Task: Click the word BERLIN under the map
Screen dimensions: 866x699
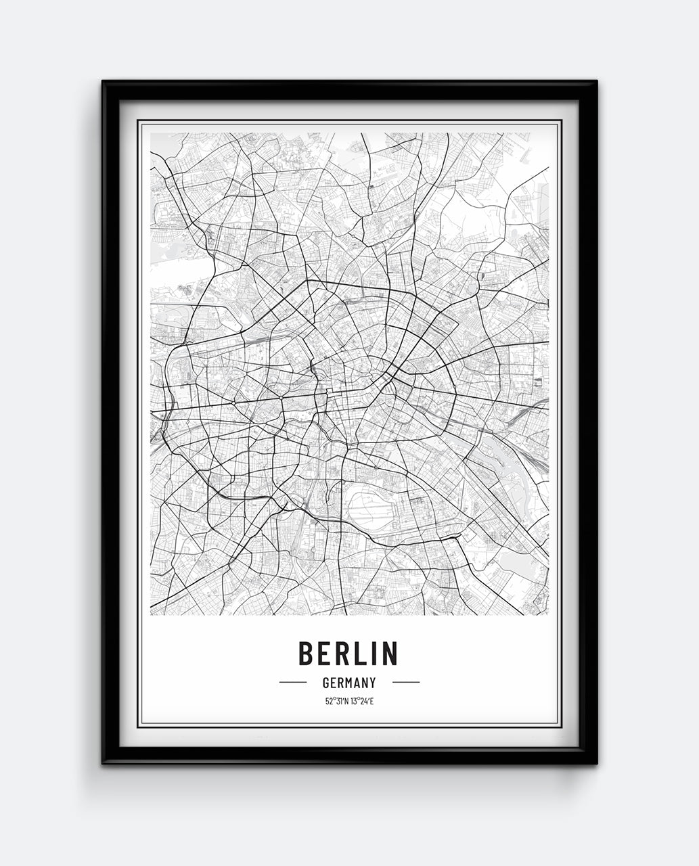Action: (348, 653)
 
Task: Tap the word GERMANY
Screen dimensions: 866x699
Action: (349, 683)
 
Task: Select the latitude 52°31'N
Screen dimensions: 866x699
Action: (336, 701)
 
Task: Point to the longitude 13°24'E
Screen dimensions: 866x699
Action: (361, 701)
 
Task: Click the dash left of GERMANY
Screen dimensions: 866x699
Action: (293, 683)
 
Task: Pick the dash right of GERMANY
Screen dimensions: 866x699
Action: (405, 683)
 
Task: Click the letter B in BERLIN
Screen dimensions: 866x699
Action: (306, 653)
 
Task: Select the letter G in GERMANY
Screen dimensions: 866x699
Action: (326, 683)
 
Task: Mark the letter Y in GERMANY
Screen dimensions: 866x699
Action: (372, 683)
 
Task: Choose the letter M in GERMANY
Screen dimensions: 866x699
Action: (349, 683)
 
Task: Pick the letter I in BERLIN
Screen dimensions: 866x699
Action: (371, 653)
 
